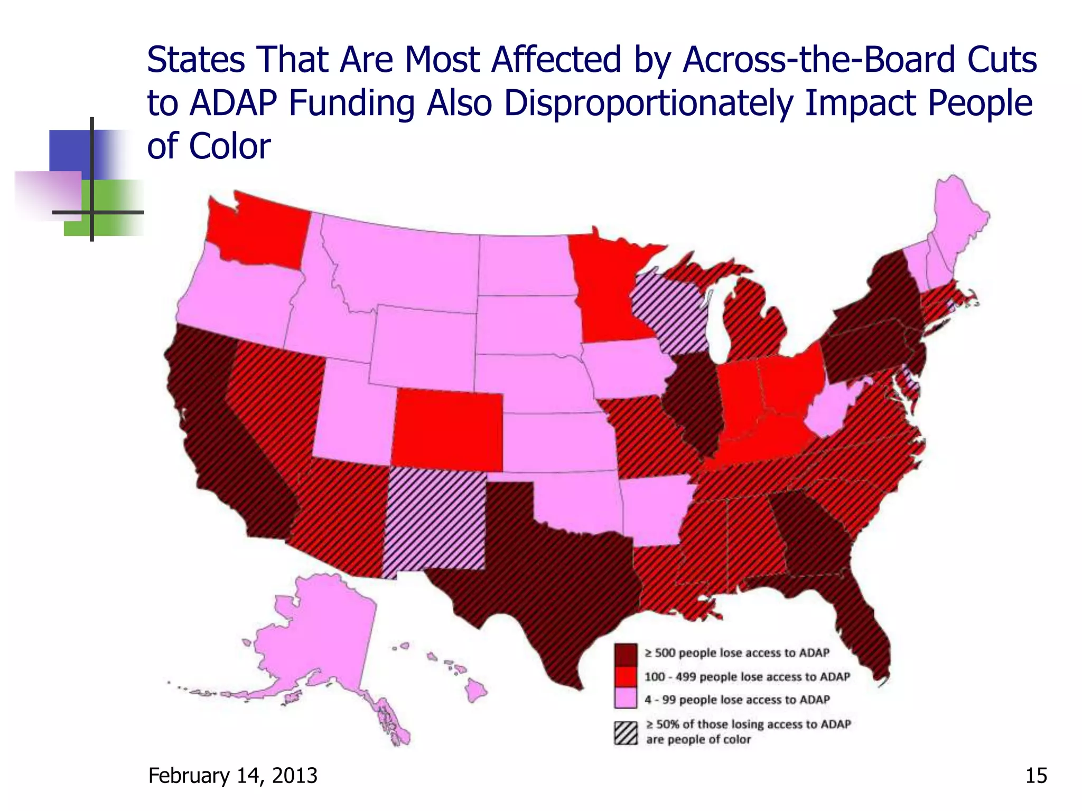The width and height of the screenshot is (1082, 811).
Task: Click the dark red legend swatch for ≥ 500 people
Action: point(626,654)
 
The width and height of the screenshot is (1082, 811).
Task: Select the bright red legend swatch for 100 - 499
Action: point(626,677)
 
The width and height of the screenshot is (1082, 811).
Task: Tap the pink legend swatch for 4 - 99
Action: point(626,699)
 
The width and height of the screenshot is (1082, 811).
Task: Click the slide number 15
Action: point(1036,776)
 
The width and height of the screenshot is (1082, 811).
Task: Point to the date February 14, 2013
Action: point(233,776)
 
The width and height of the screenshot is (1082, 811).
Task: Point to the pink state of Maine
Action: point(959,222)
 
